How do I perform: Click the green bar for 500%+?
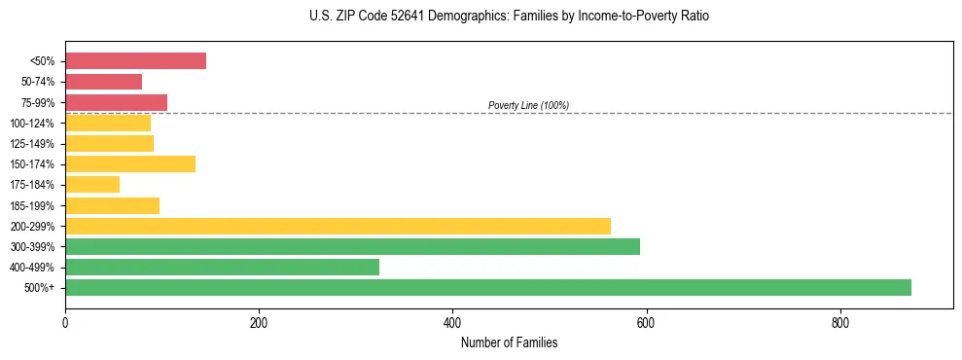click(x=487, y=287)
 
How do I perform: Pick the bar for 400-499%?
click(x=222, y=267)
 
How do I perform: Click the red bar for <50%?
click(x=135, y=61)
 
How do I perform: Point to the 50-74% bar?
click(x=103, y=82)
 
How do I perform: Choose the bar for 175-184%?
click(x=92, y=185)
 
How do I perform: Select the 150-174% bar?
click(x=130, y=163)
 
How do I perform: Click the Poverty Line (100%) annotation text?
click(x=528, y=105)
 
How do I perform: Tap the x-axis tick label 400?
click(x=452, y=323)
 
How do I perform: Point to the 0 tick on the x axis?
click(x=65, y=323)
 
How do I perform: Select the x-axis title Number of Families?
click(x=509, y=342)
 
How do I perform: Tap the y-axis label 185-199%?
click(x=33, y=206)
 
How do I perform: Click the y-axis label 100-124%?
click(x=33, y=124)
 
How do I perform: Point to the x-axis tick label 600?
click(x=646, y=323)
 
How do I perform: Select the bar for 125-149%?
click(x=109, y=143)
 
